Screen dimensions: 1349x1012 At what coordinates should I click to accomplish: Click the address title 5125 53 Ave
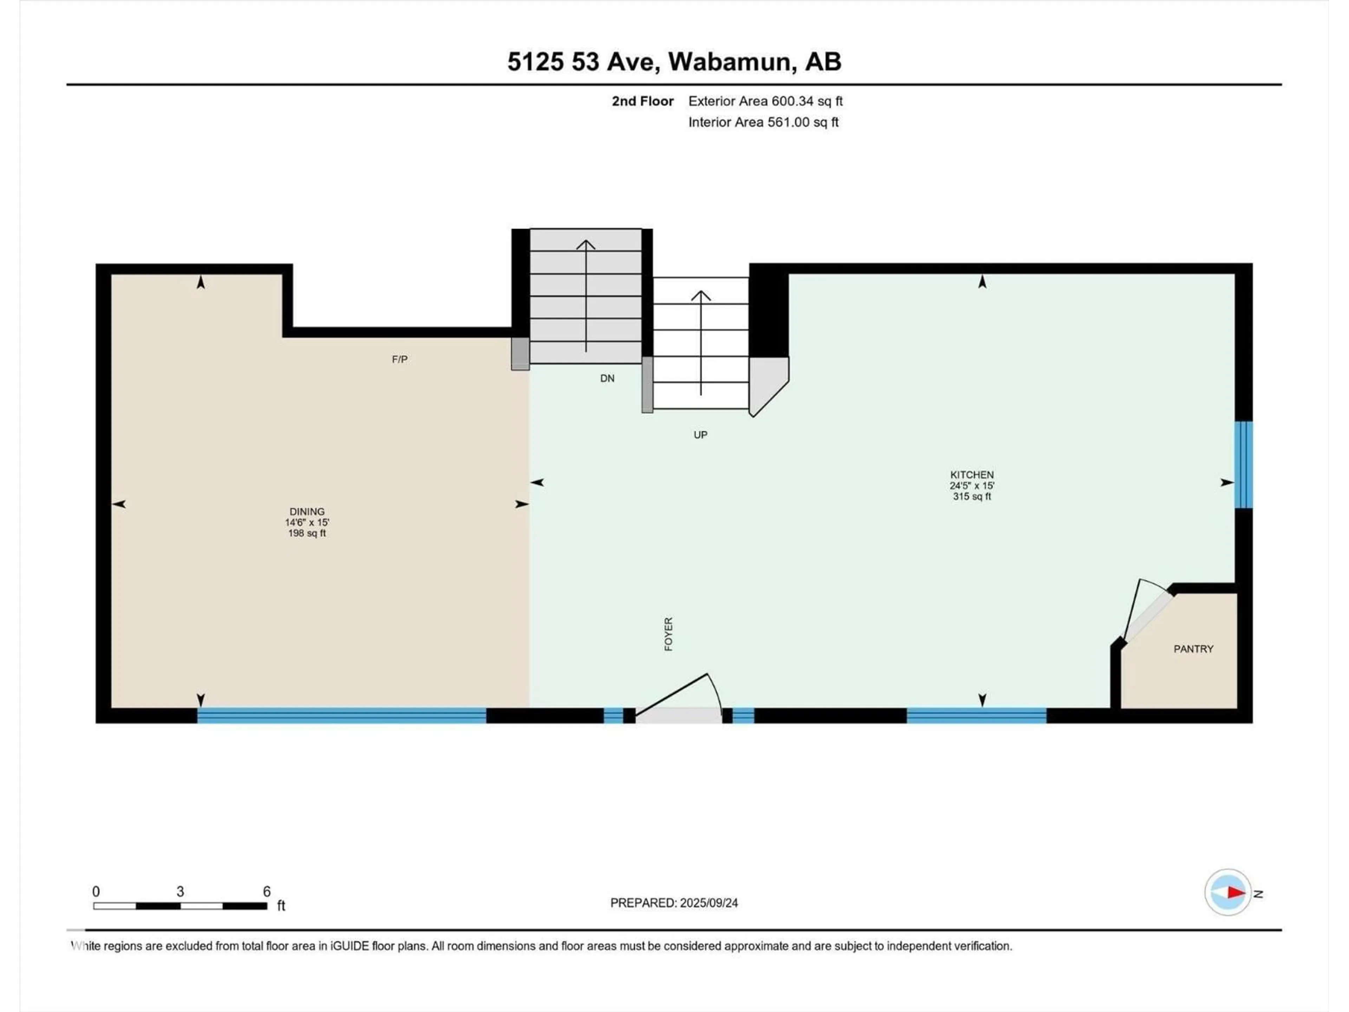[584, 61]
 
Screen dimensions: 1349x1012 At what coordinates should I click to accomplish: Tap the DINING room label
[307, 512]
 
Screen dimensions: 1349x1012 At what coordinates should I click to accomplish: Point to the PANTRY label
[1193, 649]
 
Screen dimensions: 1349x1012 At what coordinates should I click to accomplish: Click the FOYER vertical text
[669, 634]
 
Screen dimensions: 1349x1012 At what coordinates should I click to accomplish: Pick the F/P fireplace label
[399, 359]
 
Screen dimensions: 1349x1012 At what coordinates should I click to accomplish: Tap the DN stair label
[607, 378]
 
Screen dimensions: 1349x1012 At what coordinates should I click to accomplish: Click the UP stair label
[700, 435]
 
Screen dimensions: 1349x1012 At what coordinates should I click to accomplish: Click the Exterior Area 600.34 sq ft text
[765, 101]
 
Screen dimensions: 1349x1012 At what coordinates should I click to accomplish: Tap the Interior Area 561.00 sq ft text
[763, 122]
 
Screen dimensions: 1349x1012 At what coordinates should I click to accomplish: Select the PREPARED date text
[674, 903]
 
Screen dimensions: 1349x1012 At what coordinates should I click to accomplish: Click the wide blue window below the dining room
[341, 715]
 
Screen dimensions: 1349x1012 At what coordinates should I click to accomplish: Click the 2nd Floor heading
[643, 101]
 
